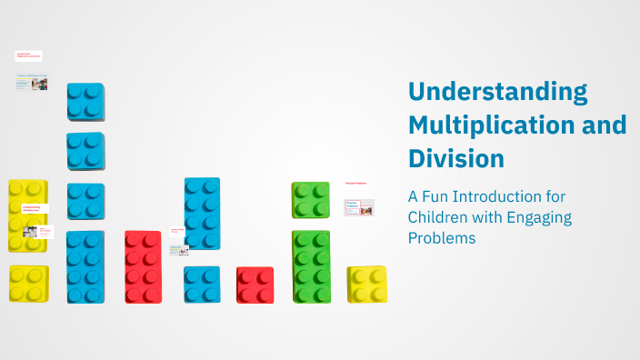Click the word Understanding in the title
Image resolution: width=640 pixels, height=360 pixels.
pos(497,92)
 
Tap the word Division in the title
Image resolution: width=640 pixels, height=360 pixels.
pos(455,158)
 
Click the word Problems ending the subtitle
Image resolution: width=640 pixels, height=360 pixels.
pos(442,239)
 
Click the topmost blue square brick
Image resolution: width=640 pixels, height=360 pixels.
pos(85,101)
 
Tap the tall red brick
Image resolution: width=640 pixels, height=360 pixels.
pos(144,266)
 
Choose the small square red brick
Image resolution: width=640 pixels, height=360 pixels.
pos(255,285)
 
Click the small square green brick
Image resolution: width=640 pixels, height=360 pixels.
pos(311,200)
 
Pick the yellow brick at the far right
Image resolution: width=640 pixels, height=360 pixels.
pos(367,285)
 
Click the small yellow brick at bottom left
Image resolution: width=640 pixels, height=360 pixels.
pos(28,284)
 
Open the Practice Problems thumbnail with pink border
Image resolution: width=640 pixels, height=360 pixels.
pos(358,208)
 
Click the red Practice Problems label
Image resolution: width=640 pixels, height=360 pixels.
pos(355,184)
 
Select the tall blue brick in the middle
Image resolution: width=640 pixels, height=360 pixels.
pos(202,213)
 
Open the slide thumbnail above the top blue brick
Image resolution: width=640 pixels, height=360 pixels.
pos(31,83)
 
